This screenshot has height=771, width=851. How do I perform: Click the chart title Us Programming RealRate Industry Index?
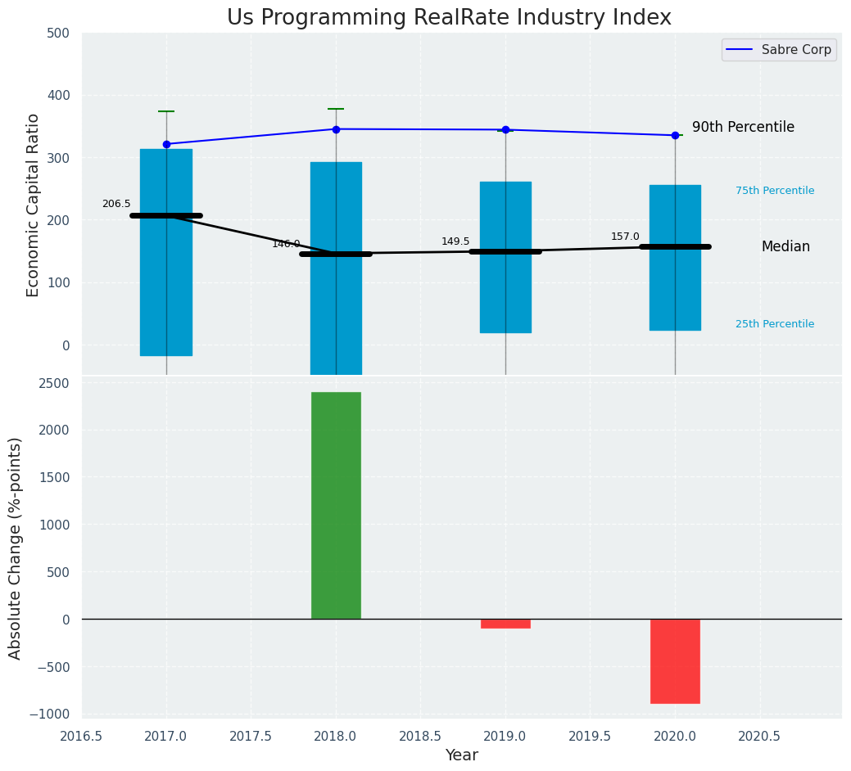(x=449, y=18)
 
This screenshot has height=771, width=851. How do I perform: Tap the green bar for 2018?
(x=336, y=505)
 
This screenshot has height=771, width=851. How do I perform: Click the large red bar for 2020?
(x=675, y=661)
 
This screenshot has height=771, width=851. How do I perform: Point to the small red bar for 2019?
(x=505, y=624)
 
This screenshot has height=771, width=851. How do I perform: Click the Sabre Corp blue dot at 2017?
(x=166, y=144)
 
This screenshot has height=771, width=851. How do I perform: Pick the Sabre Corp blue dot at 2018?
(x=336, y=129)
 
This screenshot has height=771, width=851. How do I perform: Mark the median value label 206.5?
(x=116, y=204)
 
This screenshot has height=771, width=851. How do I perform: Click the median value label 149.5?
(x=455, y=241)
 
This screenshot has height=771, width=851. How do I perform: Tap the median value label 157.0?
(x=625, y=237)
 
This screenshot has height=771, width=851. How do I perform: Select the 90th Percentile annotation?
(x=743, y=128)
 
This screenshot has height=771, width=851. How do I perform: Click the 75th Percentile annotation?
(x=775, y=191)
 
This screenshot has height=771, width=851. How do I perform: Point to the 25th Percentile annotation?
(x=775, y=324)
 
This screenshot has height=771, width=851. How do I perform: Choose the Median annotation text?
(x=785, y=247)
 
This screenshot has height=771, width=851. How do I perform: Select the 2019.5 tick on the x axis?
(x=590, y=736)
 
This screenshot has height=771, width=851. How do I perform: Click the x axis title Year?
(x=462, y=755)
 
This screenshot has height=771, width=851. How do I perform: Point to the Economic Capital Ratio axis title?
(x=34, y=205)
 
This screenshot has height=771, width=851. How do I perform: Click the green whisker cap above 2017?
(x=166, y=111)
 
